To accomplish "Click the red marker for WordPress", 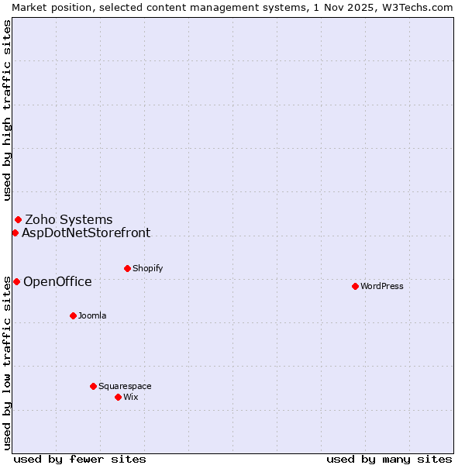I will pos(355,286).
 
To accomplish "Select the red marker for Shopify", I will pos(127,268).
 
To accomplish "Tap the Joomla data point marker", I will pos(73,315).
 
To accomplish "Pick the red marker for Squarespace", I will pos(93,386).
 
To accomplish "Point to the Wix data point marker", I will pos(118,397).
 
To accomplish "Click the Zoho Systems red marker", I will pos(18,219).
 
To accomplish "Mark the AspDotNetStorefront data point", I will pos(15,232).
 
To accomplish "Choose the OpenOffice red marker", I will pos(16,281).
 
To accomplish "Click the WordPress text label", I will pos(382,286).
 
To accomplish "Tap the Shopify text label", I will pos(148,268).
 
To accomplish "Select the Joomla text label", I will pos(92,315).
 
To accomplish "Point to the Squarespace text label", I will pos(125,386).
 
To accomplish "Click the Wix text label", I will pos(131,397).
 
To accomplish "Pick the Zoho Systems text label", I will pos(69,219).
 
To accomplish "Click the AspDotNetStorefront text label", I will pos(86,232).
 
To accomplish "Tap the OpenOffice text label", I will pos(57,281).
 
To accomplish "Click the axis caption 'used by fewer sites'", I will pos(80,459).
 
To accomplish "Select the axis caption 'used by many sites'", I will pos(389,459).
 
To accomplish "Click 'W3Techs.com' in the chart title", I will pos(422,7).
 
